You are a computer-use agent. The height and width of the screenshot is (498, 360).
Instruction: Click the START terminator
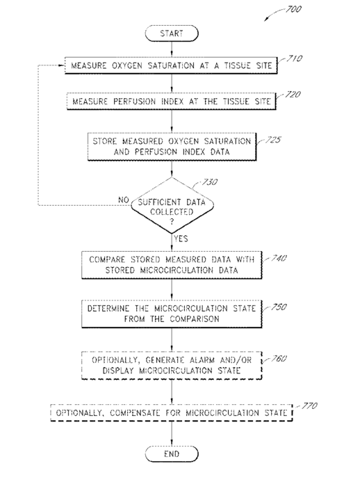point(172,33)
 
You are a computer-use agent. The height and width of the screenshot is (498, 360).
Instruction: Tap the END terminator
point(172,454)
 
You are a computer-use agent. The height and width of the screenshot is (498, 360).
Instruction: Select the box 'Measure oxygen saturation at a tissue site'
point(171,65)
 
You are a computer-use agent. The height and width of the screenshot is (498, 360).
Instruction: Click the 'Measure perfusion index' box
point(172,102)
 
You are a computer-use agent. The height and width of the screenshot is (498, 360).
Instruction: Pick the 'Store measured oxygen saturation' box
point(172,147)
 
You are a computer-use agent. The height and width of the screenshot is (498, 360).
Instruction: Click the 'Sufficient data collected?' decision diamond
point(172,205)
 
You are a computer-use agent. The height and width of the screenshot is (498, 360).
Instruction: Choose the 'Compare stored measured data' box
point(172,265)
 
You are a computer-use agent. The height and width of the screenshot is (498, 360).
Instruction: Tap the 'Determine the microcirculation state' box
point(172,314)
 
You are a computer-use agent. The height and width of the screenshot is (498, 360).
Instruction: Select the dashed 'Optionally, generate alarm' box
point(172,365)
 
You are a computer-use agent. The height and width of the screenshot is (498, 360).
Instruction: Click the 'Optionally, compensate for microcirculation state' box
point(172,413)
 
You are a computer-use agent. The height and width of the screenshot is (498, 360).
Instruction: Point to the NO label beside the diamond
point(124,200)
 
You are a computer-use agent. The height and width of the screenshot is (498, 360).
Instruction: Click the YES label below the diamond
point(181,239)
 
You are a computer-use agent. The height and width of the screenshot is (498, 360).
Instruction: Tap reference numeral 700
point(293,9)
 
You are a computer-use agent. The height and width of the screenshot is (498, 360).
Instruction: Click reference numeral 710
point(294,58)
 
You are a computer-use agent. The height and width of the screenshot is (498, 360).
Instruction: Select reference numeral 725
point(273,140)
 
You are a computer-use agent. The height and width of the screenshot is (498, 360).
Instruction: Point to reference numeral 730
point(210,182)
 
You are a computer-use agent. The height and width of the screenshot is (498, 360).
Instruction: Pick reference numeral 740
point(279,258)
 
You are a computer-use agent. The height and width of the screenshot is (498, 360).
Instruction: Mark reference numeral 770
point(309,406)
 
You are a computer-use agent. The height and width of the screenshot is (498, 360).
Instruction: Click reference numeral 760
point(279,359)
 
